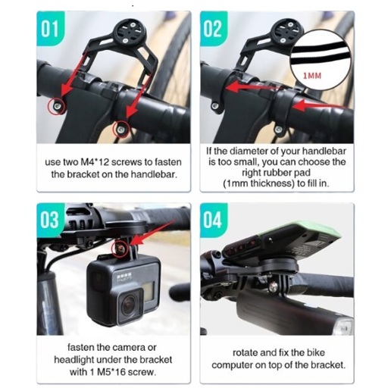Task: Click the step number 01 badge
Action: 50,29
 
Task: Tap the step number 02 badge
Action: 214,29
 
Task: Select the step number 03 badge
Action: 50,221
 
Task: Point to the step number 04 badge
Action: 214,221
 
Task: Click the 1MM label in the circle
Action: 312,76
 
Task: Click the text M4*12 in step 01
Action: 94,162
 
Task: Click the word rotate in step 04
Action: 245,353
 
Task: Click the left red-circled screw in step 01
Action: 56,106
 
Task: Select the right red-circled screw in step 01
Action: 120,130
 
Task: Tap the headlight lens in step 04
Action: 345,327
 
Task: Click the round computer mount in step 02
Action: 289,31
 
